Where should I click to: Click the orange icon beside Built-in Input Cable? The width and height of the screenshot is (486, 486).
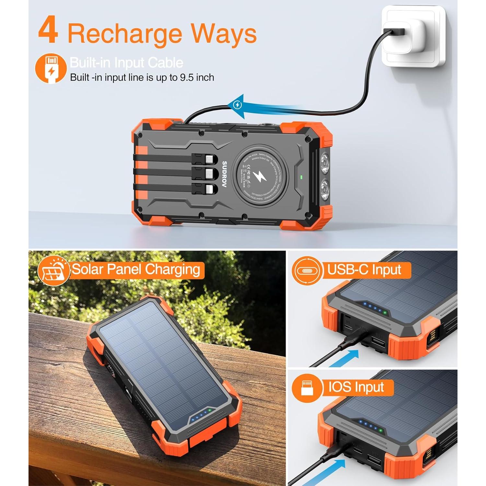51,68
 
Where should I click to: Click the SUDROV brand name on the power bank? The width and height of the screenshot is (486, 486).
224,174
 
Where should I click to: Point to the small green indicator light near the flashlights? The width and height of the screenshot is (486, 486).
302,177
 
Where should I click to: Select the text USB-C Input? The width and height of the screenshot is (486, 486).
364,270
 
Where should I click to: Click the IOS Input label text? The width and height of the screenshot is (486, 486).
356,387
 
